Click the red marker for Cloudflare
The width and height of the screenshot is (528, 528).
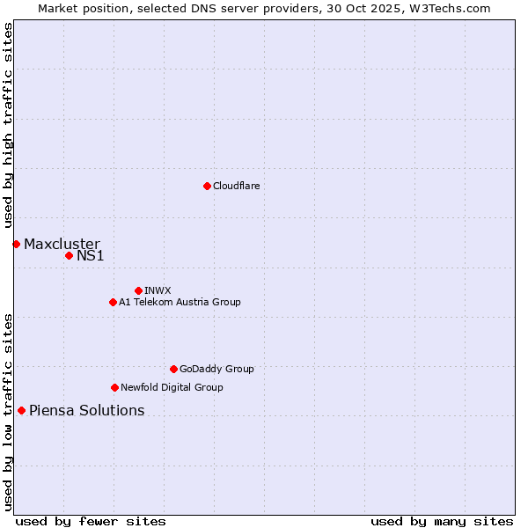tap(207, 186)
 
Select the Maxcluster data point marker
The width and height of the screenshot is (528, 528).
tap(16, 244)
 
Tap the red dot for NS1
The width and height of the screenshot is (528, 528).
tap(69, 255)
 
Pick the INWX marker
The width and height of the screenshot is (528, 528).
tap(138, 290)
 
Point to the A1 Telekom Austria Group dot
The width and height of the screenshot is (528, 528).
tap(113, 302)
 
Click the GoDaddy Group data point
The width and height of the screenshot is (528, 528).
tap(173, 369)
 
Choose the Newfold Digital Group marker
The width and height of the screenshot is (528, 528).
tap(114, 387)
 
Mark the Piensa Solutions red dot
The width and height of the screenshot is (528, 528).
tap(21, 410)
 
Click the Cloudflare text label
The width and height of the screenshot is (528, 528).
tap(236, 186)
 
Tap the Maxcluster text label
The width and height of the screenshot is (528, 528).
tap(62, 244)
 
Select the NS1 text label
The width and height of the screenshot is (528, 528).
tap(91, 255)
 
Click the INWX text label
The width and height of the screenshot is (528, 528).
tap(158, 290)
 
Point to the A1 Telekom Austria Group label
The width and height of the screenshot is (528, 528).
tap(180, 302)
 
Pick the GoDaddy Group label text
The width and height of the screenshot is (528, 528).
tap(216, 369)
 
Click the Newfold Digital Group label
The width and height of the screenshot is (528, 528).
tap(172, 387)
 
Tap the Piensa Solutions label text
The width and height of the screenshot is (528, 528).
tap(86, 410)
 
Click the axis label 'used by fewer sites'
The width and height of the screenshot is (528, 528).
tap(91, 521)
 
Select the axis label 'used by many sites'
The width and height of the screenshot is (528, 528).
tap(442, 521)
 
